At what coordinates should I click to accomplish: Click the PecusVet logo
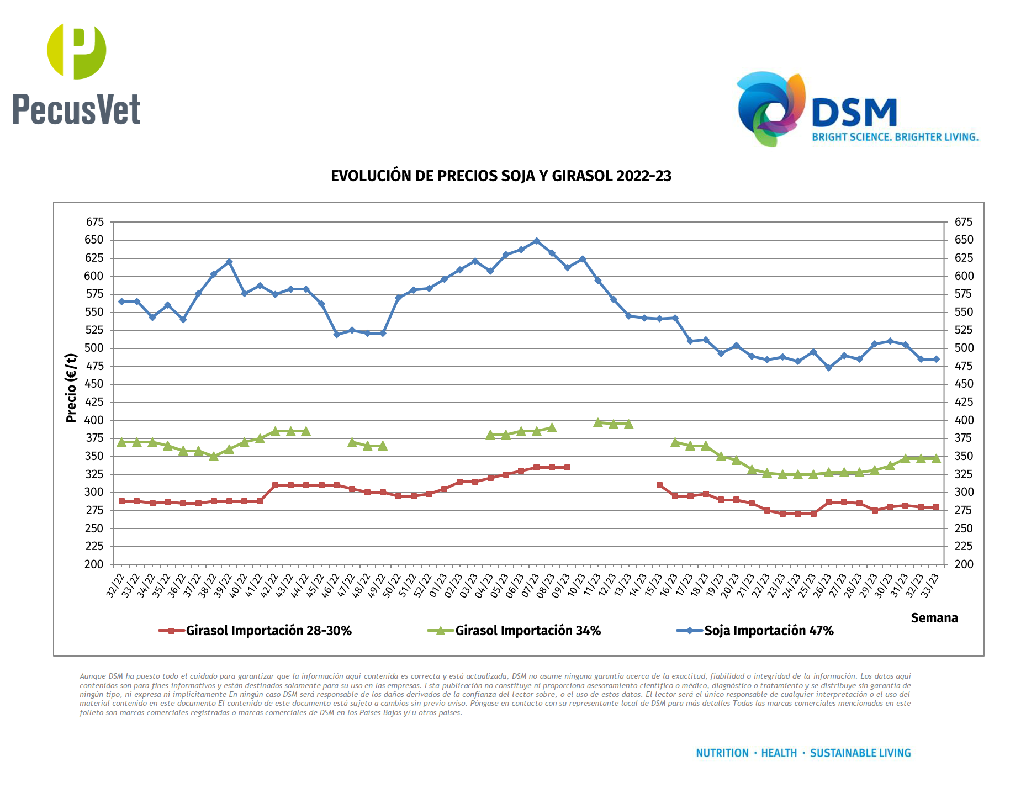pyautogui.click(x=77, y=75)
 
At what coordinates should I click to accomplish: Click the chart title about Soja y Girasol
pyautogui.click(x=501, y=176)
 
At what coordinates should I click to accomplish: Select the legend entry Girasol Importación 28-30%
pyautogui.click(x=268, y=631)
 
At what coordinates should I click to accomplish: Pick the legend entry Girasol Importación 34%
pyautogui.click(x=527, y=631)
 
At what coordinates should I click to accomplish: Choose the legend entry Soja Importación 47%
pyautogui.click(x=768, y=631)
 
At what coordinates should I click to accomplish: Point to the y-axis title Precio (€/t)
pyautogui.click(x=71, y=388)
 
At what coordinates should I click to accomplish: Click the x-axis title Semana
pyautogui.click(x=934, y=618)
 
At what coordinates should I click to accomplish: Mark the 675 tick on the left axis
pyautogui.click(x=94, y=222)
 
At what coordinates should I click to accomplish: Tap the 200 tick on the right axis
pyautogui.click(x=964, y=564)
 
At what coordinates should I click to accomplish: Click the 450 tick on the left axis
pyautogui.click(x=94, y=384)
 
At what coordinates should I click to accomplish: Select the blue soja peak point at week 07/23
pyautogui.click(x=536, y=241)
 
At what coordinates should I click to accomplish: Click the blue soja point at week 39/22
pyautogui.click(x=229, y=262)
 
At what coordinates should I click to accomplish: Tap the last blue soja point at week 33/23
pyautogui.click(x=935, y=359)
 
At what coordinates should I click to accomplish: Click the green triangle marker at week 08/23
pyautogui.click(x=552, y=428)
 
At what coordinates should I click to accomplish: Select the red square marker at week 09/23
pyautogui.click(x=567, y=468)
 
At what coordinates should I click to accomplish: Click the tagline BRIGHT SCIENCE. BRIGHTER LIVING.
pyautogui.click(x=895, y=137)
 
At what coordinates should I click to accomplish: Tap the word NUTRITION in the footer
pyautogui.click(x=722, y=753)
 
